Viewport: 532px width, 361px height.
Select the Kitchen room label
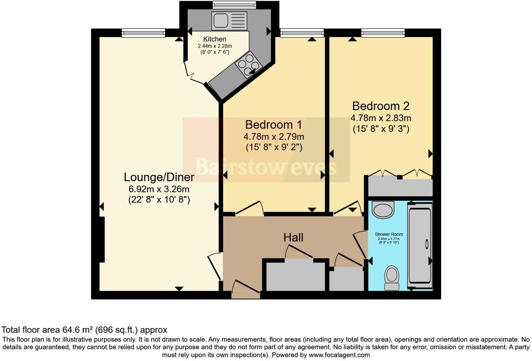pos(215,39)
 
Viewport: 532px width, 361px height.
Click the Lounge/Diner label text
pos(159,177)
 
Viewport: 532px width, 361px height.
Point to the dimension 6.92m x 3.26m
pos(159,189)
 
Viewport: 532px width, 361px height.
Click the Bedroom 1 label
pos(274,125)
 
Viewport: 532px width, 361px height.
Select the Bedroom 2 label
pos(380,106)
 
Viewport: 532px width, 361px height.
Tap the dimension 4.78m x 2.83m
pos(380,118)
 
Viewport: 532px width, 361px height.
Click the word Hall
pos(293,238)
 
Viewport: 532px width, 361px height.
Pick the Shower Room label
pos(388,234)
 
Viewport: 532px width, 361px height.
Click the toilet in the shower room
pos(392,278)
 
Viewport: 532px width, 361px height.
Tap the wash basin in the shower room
pos(383,210)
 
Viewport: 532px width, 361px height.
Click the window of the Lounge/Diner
pos(143,33)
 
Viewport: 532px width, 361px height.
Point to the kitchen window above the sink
pos(234,5)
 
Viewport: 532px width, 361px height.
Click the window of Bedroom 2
pos(383,33)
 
